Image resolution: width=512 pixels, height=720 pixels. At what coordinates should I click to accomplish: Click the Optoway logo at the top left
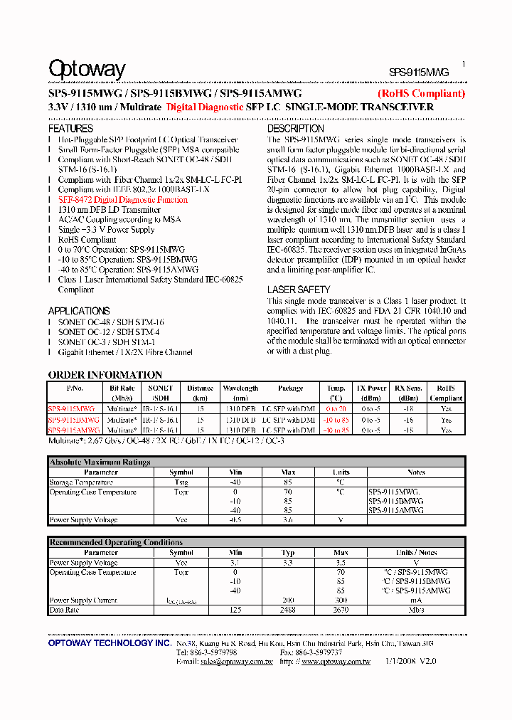coord(87,69)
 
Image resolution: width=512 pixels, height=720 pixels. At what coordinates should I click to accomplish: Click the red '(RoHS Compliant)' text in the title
coord(421,93)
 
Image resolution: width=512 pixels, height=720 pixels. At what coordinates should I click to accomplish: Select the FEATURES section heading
coord(70,129)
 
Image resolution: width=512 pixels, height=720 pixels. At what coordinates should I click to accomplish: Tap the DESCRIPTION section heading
coord(296,129)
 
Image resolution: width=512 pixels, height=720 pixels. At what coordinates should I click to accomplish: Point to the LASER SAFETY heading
coord(299,290)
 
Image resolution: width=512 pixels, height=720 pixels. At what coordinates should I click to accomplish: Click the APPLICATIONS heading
coord(78,311)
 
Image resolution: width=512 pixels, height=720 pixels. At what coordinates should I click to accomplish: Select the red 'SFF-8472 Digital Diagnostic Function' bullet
coord(123,200)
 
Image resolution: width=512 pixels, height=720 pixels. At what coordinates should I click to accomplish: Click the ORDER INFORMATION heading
coord(105,375)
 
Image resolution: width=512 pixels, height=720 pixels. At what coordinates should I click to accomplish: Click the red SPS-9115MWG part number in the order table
coord(71,409)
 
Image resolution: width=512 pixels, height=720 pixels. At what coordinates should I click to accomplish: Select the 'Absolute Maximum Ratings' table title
coord(100,462)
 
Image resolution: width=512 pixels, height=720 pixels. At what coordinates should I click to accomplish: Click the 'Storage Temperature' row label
coord(81,482)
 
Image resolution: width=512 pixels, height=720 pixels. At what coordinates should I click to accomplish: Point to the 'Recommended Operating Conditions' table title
coord(116,542)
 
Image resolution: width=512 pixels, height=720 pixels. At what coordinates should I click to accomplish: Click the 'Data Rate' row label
coord(64,610)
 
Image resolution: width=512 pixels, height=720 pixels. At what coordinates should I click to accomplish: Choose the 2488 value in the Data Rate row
coord(288,610)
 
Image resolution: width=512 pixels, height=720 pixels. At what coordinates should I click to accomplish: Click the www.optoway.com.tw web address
coord(336,661)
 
